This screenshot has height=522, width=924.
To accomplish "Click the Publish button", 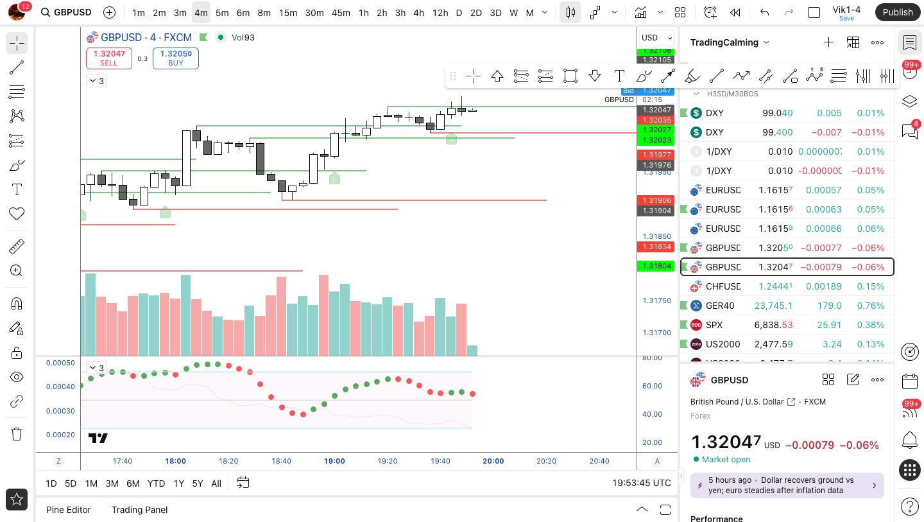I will point(897,12).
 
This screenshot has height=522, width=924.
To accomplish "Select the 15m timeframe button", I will point(288,13).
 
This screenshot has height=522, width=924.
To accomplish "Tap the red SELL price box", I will point(109,58).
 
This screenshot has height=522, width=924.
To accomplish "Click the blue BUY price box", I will point(176,58).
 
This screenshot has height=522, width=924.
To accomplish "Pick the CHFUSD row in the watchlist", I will point(723,286).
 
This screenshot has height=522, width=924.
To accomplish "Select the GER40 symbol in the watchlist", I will point(720,306).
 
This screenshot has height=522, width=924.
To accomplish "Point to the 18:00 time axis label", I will point(175,461).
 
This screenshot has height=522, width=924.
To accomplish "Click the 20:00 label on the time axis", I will point(493,461).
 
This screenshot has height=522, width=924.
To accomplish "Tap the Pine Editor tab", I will point(69,510).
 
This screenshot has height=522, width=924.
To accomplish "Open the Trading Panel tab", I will point(139,510).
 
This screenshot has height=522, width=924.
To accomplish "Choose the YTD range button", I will point(156,483).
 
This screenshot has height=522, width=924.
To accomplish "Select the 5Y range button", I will point(198,483).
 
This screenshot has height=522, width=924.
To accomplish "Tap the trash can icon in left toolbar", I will point(17,434).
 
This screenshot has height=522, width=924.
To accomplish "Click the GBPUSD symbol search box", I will point(66,13).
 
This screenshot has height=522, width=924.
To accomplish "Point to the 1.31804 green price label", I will point(655,266).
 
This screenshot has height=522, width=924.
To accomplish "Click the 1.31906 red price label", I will point(655,200).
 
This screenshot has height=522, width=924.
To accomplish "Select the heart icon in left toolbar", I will point(17,214).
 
